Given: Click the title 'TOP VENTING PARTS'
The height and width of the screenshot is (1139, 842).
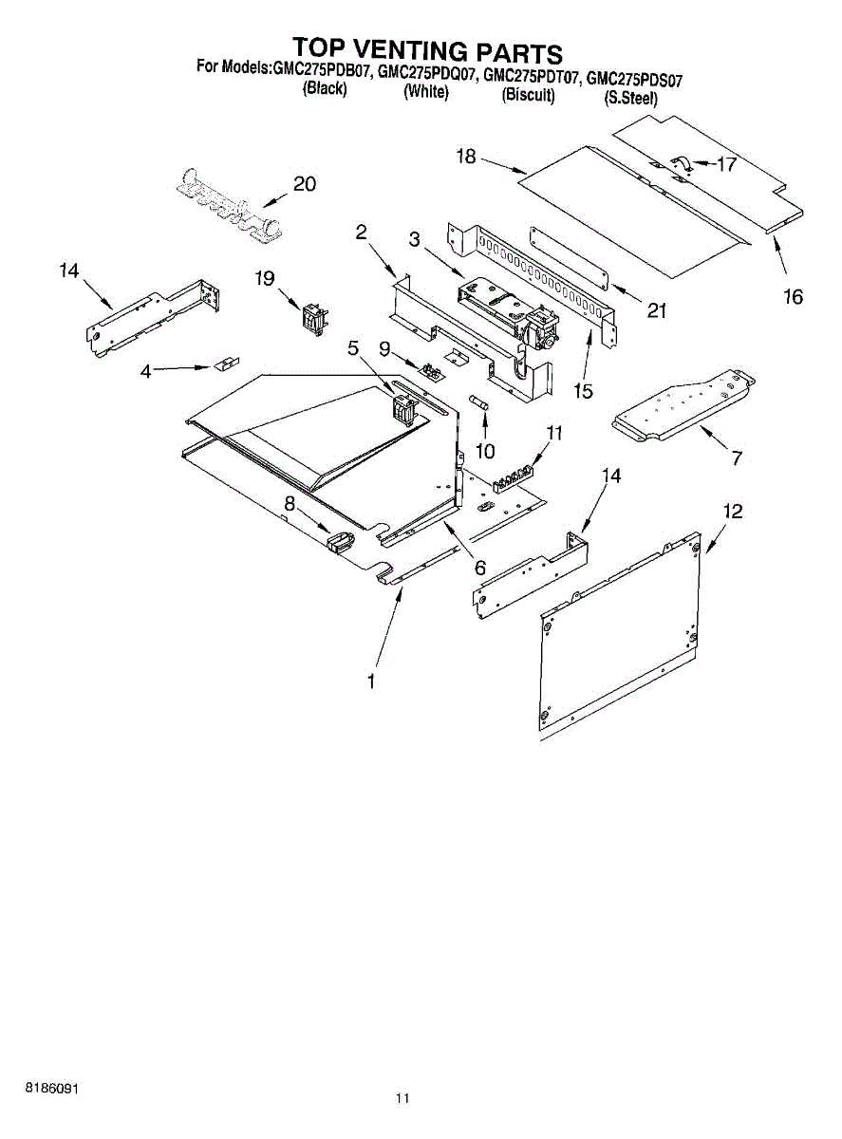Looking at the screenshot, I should click(426, 49).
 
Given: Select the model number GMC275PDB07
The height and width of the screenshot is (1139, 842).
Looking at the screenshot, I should click(321, 70).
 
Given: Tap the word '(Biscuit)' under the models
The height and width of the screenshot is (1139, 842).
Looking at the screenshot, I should click(528, 95).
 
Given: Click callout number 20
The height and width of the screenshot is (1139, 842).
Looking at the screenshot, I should click(304, 184).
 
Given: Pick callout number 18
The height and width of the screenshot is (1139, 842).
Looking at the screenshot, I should click(465, 158).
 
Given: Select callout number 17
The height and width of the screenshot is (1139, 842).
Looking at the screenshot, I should click(726, 164).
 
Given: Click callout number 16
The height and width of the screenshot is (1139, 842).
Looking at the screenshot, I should click(794, 297).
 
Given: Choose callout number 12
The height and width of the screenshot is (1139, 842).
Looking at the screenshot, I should click(732, 511).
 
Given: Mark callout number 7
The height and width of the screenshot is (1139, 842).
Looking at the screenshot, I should click(737, 457).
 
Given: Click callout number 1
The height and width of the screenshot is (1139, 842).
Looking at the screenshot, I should click(371, 681).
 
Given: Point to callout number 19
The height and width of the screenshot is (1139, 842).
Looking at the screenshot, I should click(264, 278).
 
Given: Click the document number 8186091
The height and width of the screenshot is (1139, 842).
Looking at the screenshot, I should click(51, 1088).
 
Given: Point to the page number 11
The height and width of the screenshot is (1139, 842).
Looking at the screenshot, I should click(402, 1099).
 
